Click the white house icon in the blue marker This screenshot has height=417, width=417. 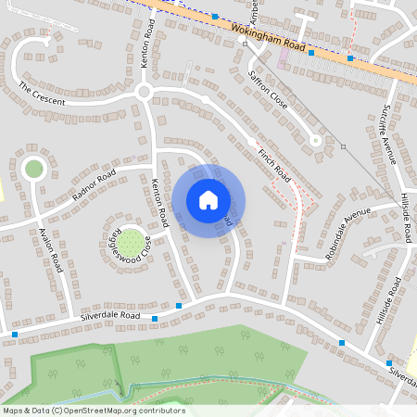click(208, 200)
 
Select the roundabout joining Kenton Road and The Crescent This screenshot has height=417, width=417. click(144, 92)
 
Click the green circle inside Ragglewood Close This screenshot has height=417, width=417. click(131, 243)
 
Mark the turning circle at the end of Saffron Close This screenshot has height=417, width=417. click(316, 141)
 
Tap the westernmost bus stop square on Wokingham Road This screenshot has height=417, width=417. click(215, 17)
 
